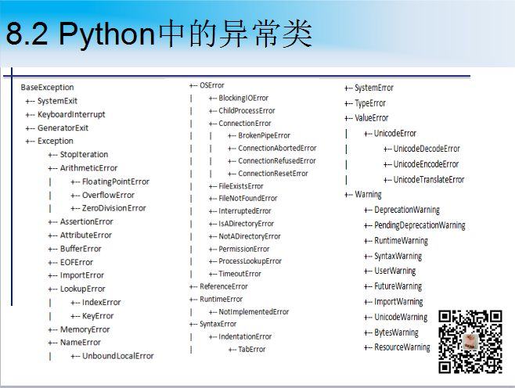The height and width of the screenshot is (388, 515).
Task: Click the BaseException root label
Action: point(47,88)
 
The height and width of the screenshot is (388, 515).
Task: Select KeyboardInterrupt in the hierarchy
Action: point(71,114)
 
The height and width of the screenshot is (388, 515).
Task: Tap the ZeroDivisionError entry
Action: point(114,208)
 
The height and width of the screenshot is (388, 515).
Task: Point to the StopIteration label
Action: point(84,154)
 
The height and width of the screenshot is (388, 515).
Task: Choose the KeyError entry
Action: point(98,316)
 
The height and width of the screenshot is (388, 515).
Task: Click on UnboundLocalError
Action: point(118,356)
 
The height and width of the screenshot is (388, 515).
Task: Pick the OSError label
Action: point(212,85)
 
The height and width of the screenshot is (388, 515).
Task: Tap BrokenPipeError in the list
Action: point(264,135)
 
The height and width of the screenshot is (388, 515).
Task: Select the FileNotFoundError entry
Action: point(248,198)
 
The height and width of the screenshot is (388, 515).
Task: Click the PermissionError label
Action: point(244,249)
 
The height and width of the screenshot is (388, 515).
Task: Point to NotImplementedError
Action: point(254,311)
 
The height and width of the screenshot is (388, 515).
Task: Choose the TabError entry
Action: point(251,349)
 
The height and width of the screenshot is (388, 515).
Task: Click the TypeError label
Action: point(370,103)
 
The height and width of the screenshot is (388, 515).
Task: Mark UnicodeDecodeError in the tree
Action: point(427,149)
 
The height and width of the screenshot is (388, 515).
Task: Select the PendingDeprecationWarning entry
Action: point(420,225)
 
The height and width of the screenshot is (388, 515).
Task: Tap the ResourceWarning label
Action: point(402,347)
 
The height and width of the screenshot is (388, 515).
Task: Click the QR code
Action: point(470,342)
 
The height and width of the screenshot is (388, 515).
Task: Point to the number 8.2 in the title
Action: point(27,34)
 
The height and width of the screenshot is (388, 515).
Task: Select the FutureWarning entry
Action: point(398,286)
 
